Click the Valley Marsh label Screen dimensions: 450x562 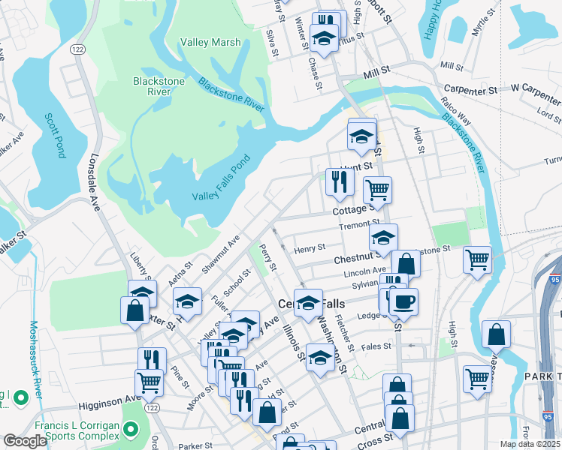(x=210, y=43)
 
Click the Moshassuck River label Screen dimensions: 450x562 (x=35, y=361)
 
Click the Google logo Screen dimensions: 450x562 (x=25, y=441)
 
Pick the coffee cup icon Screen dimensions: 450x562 (x=403, y=301)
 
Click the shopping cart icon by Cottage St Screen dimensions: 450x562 (x=377, y=190)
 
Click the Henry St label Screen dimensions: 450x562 (x=309, y=247)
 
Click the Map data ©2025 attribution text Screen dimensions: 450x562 (x=530, y=444)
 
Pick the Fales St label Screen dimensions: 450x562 (x=376, y=346)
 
